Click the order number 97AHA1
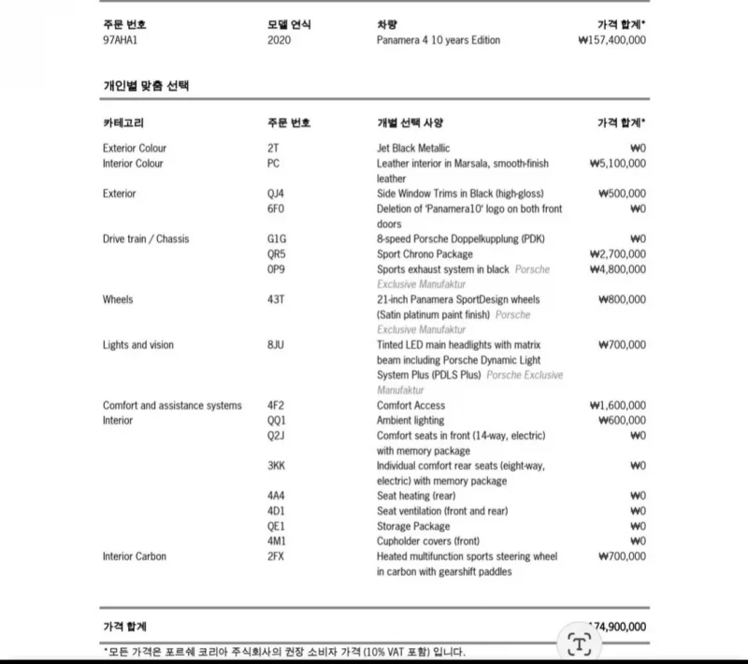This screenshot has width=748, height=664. (120, 40)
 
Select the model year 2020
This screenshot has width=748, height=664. (279, 40)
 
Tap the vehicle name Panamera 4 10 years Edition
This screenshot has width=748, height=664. (438, 40)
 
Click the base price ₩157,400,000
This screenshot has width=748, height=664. (611, 40)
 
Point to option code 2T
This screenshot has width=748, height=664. (273, 148)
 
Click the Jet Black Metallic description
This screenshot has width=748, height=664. (413, 148)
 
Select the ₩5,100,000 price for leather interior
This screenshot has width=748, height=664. (617, 163)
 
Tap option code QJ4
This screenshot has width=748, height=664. (276, 194)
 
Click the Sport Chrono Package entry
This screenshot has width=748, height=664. (424, 253)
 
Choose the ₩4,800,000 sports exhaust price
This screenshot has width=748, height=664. (617, 269)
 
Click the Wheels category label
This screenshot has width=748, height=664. (118, 299)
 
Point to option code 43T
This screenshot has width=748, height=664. (276, 299)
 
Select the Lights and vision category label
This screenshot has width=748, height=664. (138, 345)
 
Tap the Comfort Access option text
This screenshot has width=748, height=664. (410, 405)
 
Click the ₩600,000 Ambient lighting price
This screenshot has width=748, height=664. (621, 421)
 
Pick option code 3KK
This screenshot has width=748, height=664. (277, 466)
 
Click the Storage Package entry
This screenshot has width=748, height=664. (413, 527)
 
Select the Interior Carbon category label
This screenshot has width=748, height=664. (135, 556)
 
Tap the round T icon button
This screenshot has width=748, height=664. (580, 642)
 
